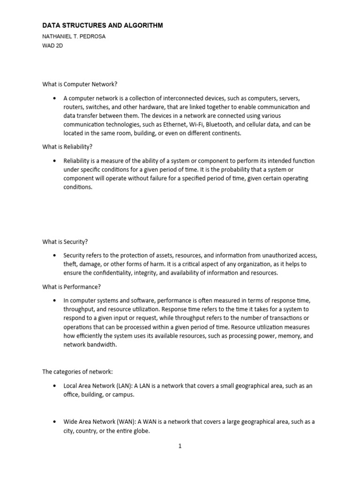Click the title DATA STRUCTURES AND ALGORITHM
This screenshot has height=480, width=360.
coord(103,26)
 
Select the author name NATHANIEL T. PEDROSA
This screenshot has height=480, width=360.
coord(74,37)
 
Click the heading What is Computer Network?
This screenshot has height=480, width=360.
coord(80,84)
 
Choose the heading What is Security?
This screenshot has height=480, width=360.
coord(65,242)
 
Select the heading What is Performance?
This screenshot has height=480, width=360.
coord(71,287)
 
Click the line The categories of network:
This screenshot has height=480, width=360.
coord(77,372)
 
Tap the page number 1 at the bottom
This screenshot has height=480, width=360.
coord(180,446)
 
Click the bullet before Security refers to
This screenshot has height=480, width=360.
coord(55,255)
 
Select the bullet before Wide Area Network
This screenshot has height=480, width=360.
coord(55,422)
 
